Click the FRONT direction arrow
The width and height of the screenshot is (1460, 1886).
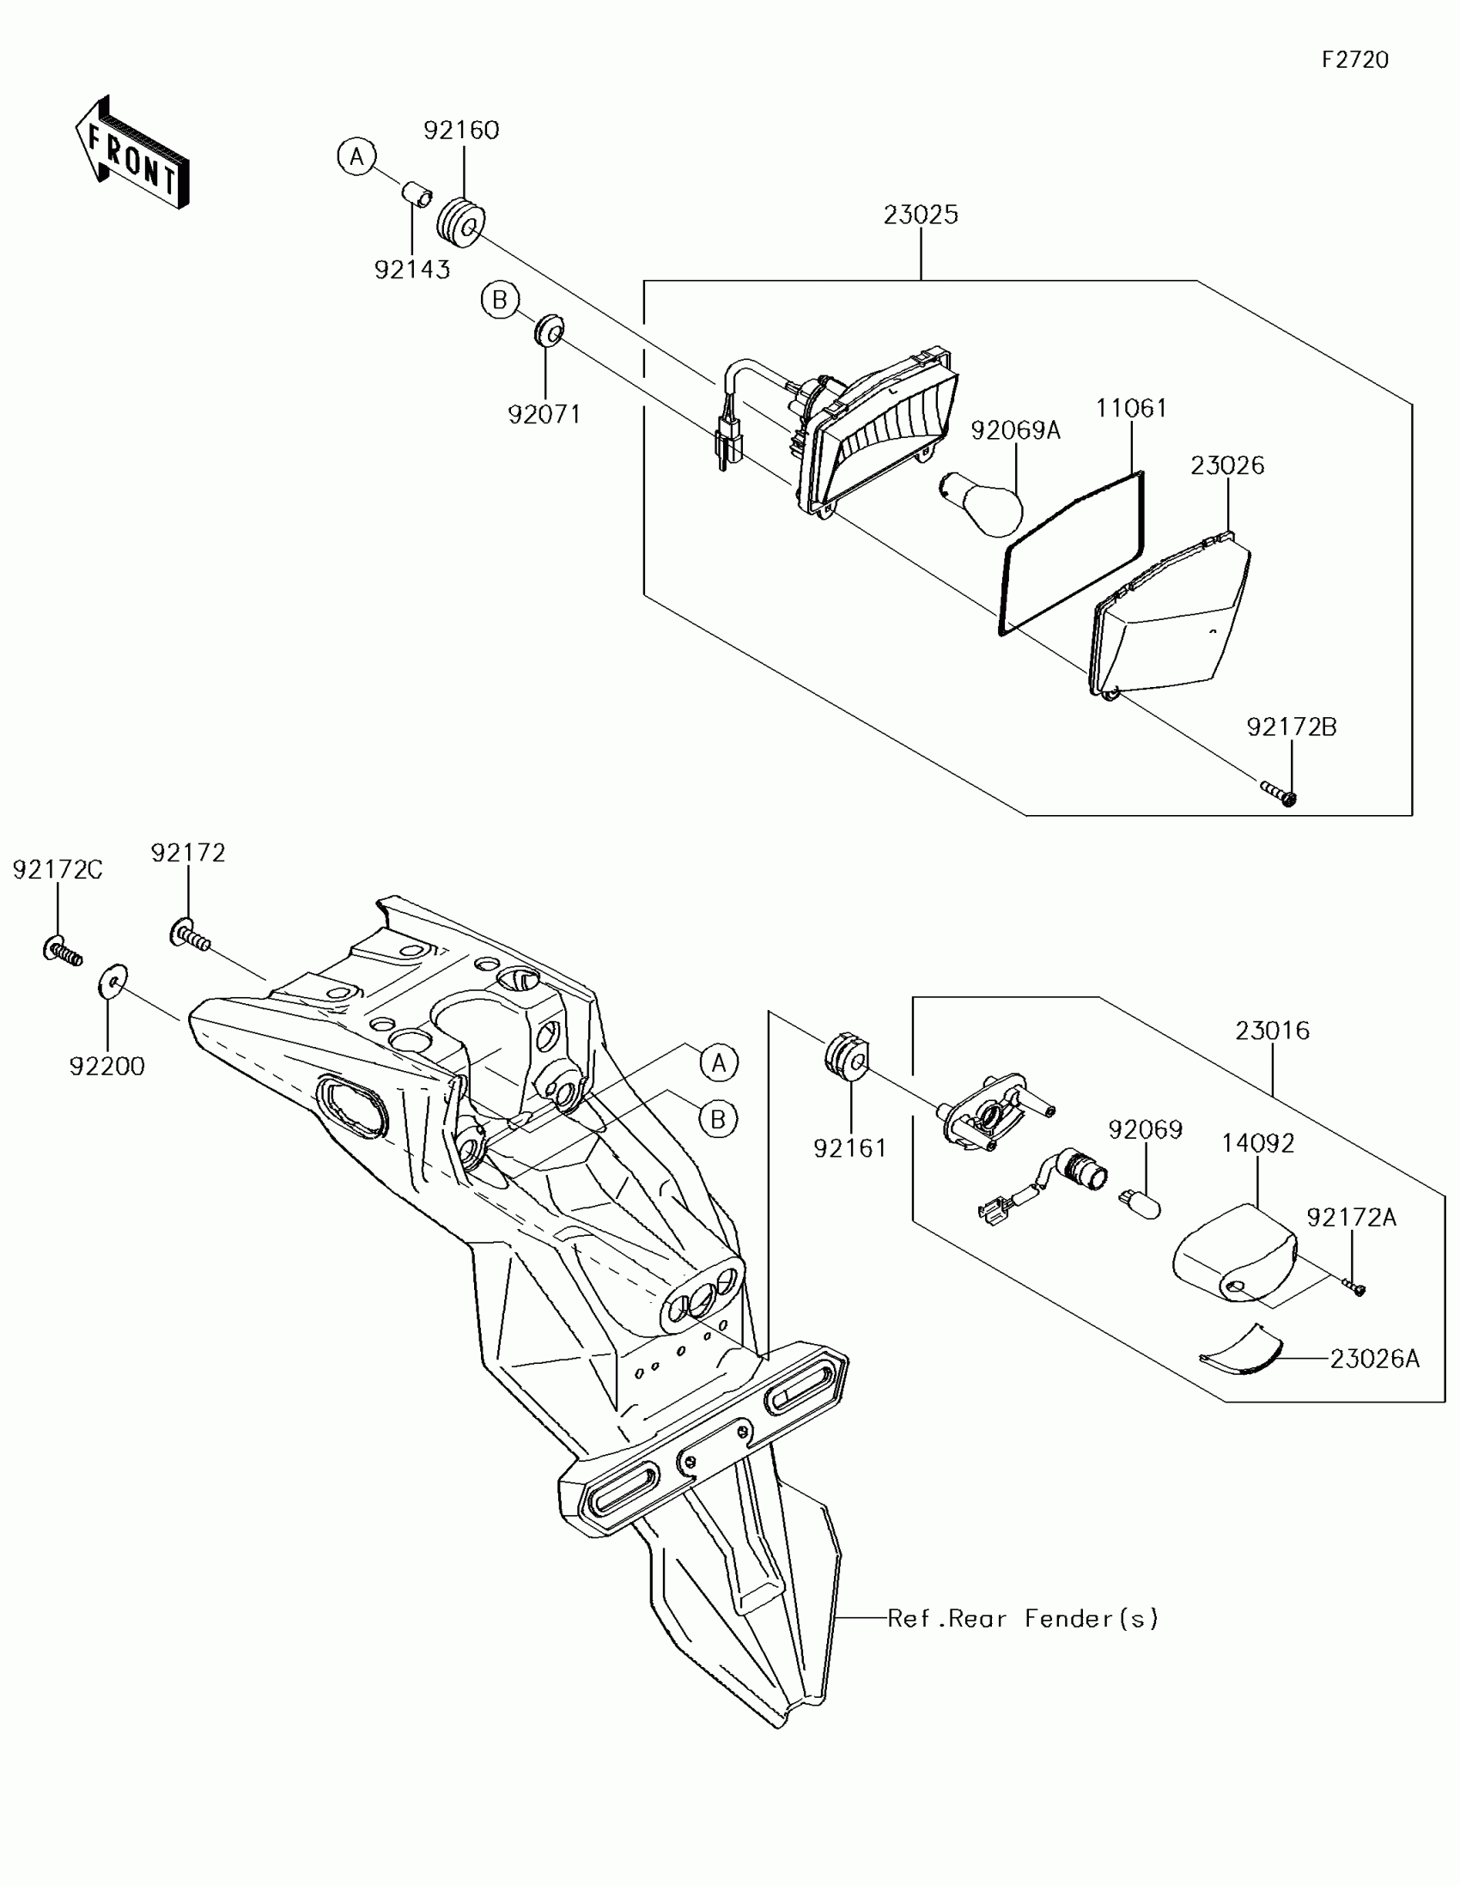pos(131,154)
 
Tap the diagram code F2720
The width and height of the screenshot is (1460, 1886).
pos(1354,59)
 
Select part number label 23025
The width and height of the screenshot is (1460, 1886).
pos(921,215)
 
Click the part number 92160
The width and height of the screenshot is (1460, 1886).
pos(461,131)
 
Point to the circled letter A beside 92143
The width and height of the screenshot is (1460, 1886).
pos(356,157)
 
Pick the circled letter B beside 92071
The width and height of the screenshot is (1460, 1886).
pos(499,300)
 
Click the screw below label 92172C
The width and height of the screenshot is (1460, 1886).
pos(61,952)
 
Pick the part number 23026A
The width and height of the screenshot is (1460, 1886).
pos(1374,1360)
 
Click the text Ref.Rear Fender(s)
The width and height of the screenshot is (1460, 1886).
pos(1023,1619)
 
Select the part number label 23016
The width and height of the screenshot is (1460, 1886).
pos(1272,1031)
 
